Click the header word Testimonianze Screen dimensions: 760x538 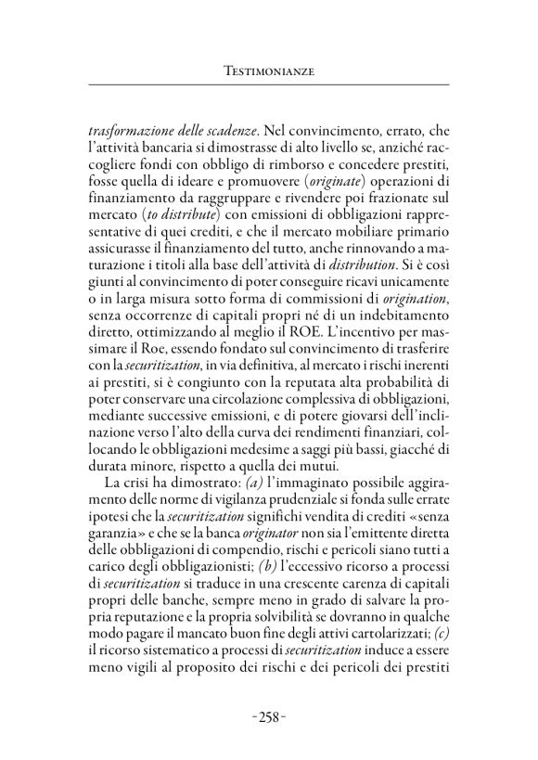267,70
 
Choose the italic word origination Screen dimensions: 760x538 416,314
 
